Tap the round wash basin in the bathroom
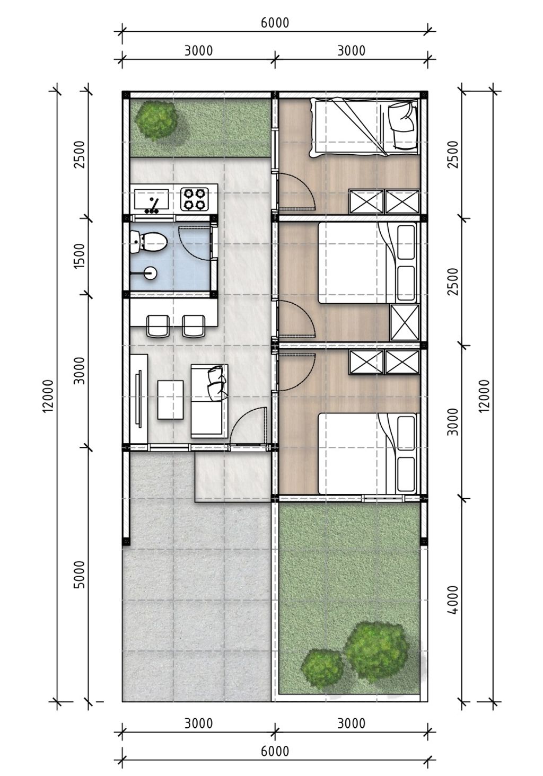pyautogui.click(x=150, y=274)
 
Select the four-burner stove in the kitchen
pyautogui.click(x=194, y=199)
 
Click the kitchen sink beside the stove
pyautogui.click(x=152, y=199)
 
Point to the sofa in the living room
pyautogui.click(x=209, y=401)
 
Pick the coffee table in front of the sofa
pyautogui.click(x=170, y=400)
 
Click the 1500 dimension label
pyautogui.click(x=80, y=255)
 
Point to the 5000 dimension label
pyautogui.click(x=80, y=574)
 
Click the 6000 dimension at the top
pyautogui.click(x=275, y=23)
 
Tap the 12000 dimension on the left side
pyautogui.click(x=49, y=395)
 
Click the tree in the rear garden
pyautogui.click(x=155, y=120)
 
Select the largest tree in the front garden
pyautogui.click(x=376, y=650)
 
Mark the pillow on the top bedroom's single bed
pyautogui.click(x=401, y=118)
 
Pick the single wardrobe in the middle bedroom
pyautogui.click(x=405, y=322)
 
